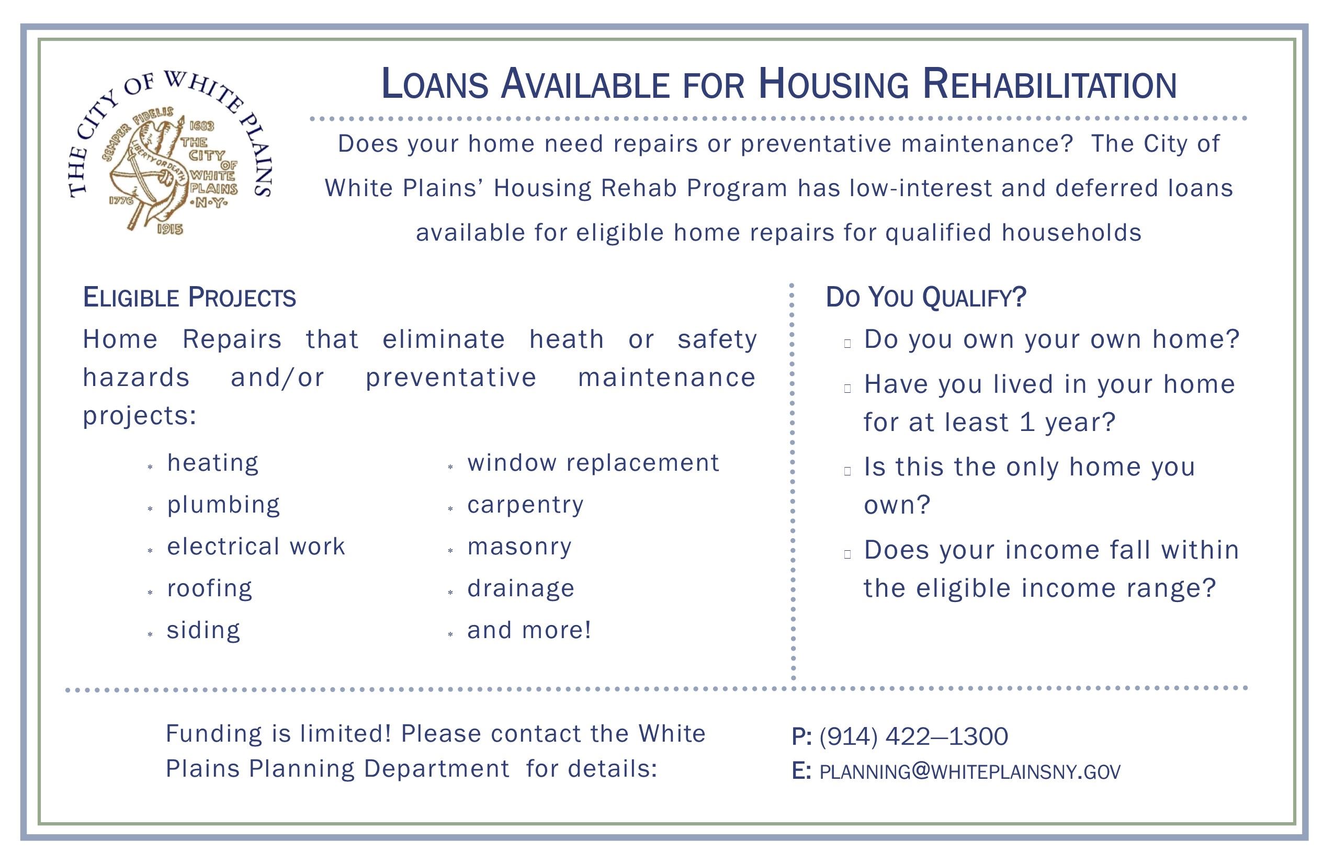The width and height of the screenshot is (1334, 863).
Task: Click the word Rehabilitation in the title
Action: click(x=1049, y=85)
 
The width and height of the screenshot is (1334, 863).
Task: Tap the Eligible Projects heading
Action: click(x=189, y=298)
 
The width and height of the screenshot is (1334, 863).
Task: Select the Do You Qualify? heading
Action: click(x=925, y=297)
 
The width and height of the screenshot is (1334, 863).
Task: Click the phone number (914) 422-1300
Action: click(x=913, y=736)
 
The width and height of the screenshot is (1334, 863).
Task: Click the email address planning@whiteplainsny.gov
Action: click(x=970, y=772)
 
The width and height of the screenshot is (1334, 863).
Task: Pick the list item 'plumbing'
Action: click(x=223, y=505)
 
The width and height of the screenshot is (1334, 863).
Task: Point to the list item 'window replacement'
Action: click(x=593, y=463)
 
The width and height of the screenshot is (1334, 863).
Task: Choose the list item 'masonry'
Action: click(x=519, y=547)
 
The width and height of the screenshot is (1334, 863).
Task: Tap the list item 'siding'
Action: click(x=204, y=630)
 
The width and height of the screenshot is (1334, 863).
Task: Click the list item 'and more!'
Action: click(x=529, y=630)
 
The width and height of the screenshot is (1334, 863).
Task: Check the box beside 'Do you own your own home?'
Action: click(x=847, y=344)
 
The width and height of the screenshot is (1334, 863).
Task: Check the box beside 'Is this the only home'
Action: click(x=847, y=471)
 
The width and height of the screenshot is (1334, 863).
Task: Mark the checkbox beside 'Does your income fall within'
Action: click(x=847, y=554)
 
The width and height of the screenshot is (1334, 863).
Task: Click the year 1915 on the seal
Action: click(x=170, y=229)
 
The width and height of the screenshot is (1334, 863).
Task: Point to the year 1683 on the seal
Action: click(x=202, y=126)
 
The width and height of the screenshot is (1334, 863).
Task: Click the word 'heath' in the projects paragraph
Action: click(x=567, y=339)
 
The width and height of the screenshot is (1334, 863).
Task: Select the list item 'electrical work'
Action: click(x=256, y=547)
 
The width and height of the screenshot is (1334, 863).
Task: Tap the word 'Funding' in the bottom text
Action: click(x=213, y=734)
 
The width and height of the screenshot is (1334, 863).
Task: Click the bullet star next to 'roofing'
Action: click(x=150, y=592)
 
